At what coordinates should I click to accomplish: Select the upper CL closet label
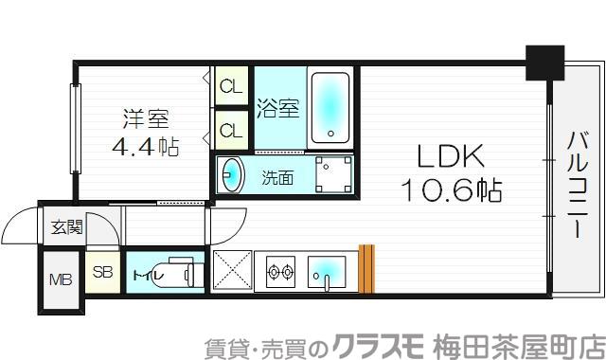[x=229, y=87]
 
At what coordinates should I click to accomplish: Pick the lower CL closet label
[x=229, y=127]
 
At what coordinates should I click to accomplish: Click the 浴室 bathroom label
[x=276, y=108]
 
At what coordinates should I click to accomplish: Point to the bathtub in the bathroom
[x=330, y=106]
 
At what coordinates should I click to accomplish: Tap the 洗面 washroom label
[x=277, y=176]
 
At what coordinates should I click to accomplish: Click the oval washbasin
[x=231, y=175]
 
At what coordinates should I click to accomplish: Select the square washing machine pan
[x=333, y=174]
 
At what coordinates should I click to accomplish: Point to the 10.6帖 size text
[x=450, y=189]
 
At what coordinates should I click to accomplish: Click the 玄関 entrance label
[x=66, y=227]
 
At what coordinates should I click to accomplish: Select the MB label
[x=60, y=280]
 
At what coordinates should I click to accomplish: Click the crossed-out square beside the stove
[x=231, y=271]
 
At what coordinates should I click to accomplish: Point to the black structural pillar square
[x=544, y=62]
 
